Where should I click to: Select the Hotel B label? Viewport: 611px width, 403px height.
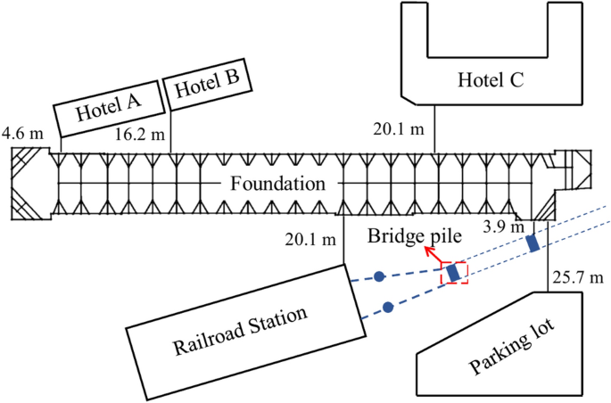pyautogui.click(x=208, y=86)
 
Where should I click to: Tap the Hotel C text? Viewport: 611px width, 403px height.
pyautogui.click(x=491, y=79)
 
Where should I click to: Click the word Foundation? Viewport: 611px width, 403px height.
pyautogui.click(x=278, y=185)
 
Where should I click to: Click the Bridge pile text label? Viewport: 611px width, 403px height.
pyautogui.click(x=416, y=237)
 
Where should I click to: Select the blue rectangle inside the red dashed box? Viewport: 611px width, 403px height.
pyautogui.click(x=454, y=271)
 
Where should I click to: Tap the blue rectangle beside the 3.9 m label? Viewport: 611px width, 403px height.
pyautogui.click(x=533, y=243)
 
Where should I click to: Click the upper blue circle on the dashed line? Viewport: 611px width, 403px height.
pyautogui.click(x=379, y=276)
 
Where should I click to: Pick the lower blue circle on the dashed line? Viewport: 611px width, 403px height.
pyautogui.click(x=388, y=308)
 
